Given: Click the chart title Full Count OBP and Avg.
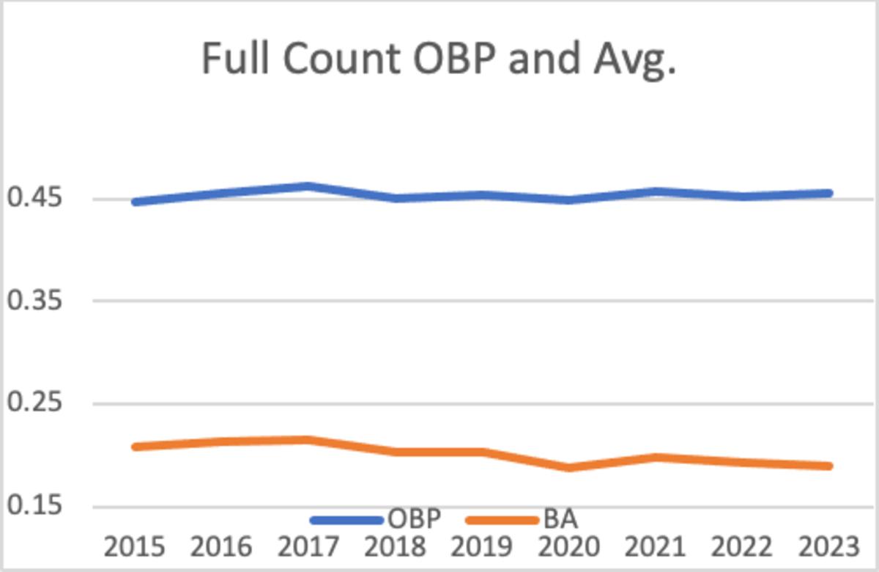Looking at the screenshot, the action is coord(438,59).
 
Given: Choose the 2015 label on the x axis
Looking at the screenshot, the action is coord(134,547).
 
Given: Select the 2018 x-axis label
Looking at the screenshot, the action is coord(395,547).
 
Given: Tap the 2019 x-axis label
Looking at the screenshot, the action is coord(481,547).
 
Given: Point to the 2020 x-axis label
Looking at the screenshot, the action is coord(568,547).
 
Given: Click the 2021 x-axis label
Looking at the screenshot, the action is coord(655,547).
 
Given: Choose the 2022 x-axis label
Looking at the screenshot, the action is coord(742,547).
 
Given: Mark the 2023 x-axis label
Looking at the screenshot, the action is coord(828,547).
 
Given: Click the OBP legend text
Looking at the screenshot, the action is coord(414,520).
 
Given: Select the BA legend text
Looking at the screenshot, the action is coord(560,520).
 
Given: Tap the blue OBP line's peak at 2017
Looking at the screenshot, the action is coord(308,186).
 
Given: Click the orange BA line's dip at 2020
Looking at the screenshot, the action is coord(568,466).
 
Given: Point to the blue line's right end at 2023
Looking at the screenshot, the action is coord(828,194).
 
